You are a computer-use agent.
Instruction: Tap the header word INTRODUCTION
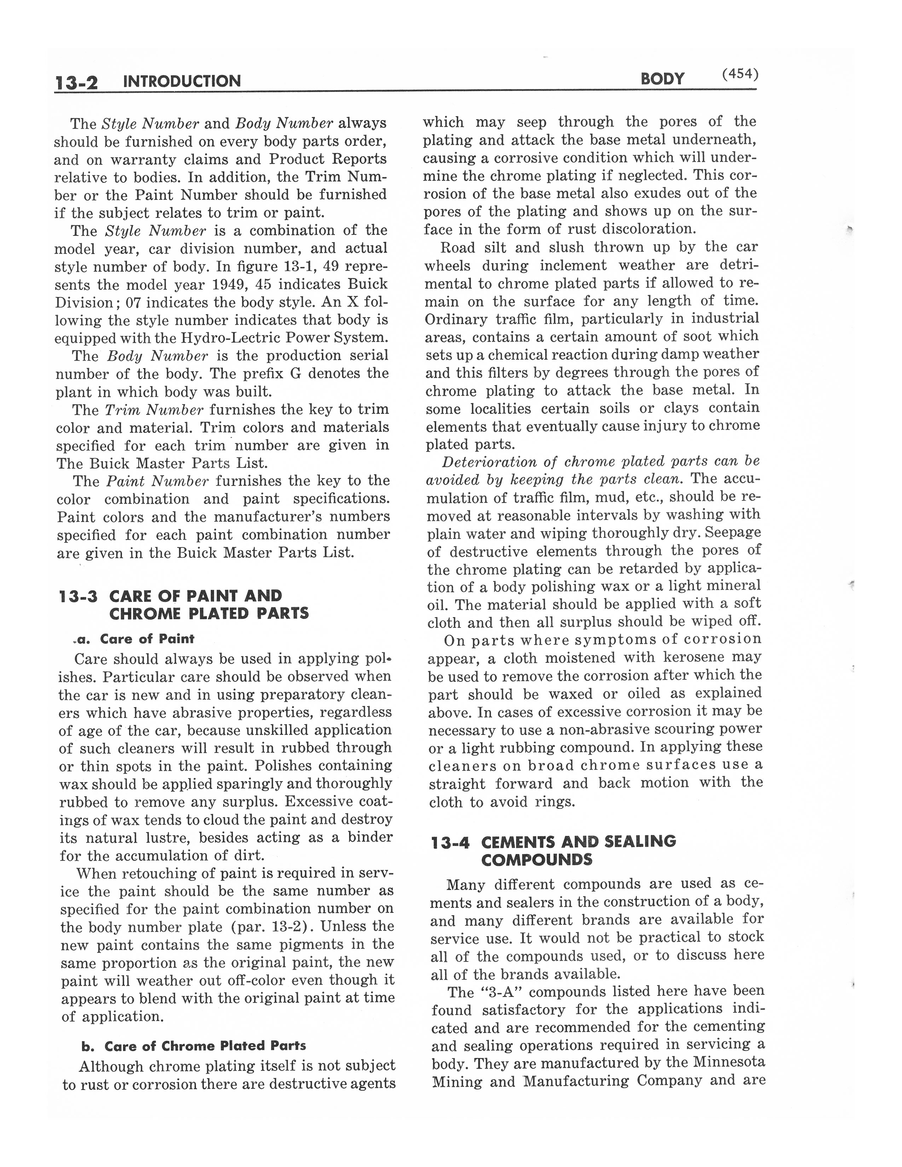pos(182,81)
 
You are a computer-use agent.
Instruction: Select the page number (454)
pos(740,74)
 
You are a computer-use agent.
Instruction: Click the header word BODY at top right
pos(662,79)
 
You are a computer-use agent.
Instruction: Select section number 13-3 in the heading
pos(78,596)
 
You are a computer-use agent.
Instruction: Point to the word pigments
pos(313,945)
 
